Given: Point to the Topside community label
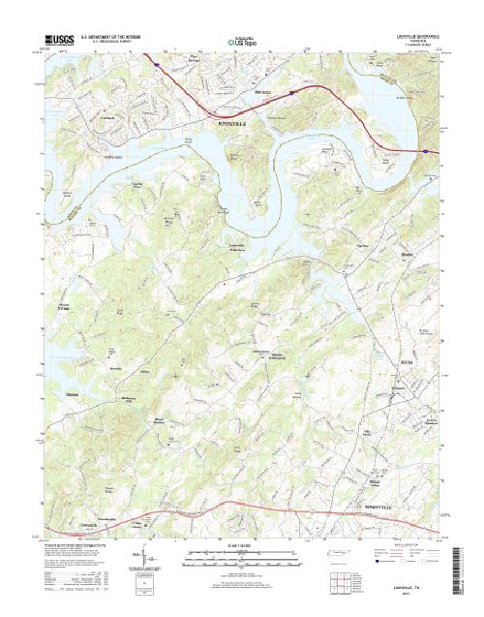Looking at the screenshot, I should tap(364, 245).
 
